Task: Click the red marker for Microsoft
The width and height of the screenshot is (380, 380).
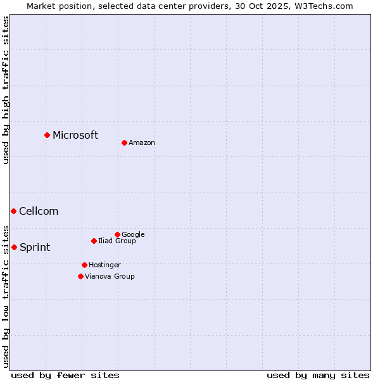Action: [47, 135]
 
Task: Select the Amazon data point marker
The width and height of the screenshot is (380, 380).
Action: [124, 142]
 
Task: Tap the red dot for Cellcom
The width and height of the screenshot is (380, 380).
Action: [13, 211]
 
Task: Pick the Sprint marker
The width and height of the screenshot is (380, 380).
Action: [14, 247]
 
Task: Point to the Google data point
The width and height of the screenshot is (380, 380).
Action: [117, 234]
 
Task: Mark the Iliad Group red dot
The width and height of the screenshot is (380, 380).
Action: [94, 241]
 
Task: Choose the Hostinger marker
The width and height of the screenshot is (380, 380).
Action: [84, 265]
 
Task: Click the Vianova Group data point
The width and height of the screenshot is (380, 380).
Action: [80, 276]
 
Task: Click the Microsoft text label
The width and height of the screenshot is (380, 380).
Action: [75, 135]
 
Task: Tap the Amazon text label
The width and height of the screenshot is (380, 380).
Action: [142, 143]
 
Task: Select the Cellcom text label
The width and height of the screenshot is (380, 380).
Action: [39, 212]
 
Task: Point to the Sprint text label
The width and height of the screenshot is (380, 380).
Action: [35, 248]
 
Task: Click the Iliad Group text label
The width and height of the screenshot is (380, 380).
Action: [117, 241]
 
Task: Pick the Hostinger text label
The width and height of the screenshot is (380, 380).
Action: [104, 265]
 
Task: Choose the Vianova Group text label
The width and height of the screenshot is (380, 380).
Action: [110, 277]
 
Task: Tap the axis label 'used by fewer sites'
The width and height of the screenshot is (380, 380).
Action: [65, 375]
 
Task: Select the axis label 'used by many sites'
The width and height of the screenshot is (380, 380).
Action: [318, 375]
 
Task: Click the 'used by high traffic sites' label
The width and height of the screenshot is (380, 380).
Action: [6, 90]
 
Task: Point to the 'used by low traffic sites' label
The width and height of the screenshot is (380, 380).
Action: [6, 296]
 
